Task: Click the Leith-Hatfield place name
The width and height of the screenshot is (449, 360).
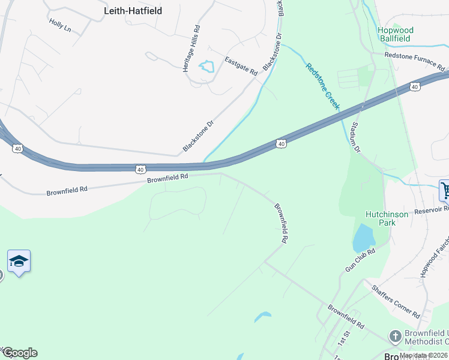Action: [133, 11]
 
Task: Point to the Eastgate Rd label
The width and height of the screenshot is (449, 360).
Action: [241, 65]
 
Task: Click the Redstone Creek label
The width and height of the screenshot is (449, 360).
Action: [323, 86]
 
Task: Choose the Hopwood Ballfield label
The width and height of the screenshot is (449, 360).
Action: [394, 34]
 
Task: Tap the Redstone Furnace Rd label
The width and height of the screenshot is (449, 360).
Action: [414, 64]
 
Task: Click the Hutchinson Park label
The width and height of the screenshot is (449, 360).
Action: [387, 218]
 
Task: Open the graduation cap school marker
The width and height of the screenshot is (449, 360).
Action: [19, 261]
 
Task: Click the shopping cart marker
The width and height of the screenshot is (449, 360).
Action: [445, 190]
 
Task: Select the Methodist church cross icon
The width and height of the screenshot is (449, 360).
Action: [395, 336]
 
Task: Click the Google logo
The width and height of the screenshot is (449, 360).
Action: [20, 353]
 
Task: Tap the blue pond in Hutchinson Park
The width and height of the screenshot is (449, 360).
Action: [364, 238]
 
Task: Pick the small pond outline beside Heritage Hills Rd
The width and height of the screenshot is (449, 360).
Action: [206, 66]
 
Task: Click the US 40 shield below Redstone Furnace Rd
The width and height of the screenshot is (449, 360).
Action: [415, 87]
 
